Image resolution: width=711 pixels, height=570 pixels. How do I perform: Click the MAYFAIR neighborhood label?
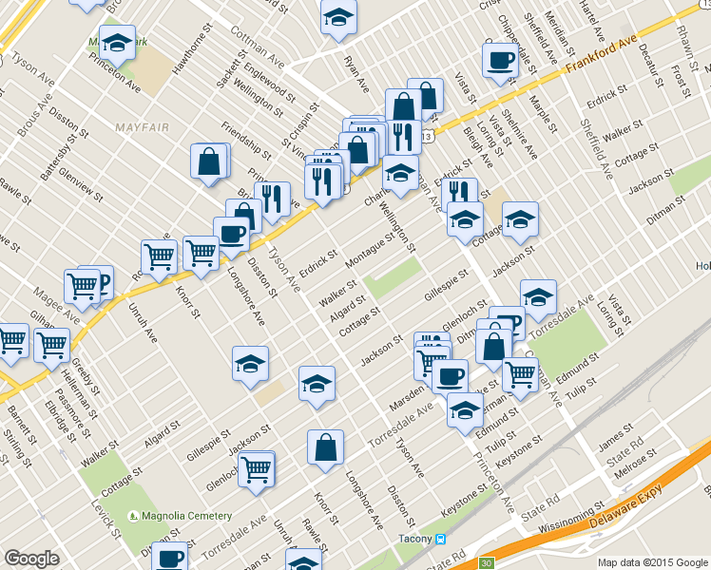coord(146,126)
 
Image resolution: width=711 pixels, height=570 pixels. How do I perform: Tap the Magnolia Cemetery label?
coord(185,516)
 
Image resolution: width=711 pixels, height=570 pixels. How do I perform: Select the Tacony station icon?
coord(441,539)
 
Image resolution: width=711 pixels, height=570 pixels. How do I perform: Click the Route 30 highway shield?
coord(486,563)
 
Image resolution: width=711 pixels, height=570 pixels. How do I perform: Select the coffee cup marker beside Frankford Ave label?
coord(499,61)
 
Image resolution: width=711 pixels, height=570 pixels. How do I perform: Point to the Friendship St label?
coord(245,136)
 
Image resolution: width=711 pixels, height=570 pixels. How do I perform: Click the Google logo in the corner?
coord(31,559)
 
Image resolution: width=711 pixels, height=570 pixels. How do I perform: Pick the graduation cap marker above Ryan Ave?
coord(337,18)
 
